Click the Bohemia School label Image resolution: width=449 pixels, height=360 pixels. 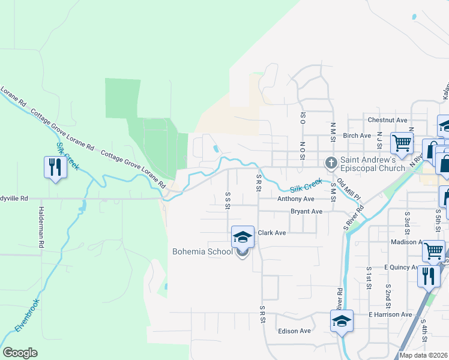point(202,252)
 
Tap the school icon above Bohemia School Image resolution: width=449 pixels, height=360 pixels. point(243,238)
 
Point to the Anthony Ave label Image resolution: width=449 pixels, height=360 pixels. point(295,199)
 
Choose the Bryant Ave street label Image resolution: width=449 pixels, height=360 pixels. point(306,211)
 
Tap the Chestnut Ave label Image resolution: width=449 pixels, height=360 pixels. point(387,120)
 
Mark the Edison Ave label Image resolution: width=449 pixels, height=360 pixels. point(294,331)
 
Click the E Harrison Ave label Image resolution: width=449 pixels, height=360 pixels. point(390,314)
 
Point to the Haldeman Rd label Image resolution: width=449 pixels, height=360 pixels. point(41,228)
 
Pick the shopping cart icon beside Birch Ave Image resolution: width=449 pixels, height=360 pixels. point(402,143)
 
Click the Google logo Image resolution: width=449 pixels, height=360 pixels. point(20,353)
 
